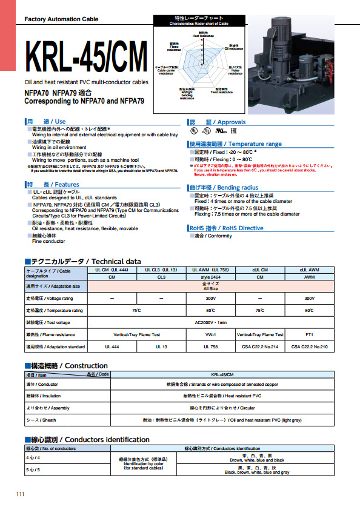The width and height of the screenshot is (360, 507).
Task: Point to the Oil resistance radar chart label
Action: coord(232,46)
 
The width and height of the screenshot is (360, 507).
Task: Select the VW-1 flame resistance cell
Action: coord(210,334)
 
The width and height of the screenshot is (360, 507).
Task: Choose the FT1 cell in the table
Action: coord(310,334)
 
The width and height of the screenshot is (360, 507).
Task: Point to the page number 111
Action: coord(21,495)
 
